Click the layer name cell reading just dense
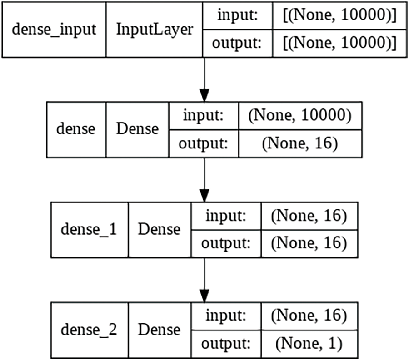click(x=76, y=129)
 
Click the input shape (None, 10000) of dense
click(x=300, y=116)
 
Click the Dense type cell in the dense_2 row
click(x=159, y=329)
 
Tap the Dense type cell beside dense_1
click(x=159, y=229)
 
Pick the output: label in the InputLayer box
click(x=238, y=44)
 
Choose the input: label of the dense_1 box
click(x=226, y=216)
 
